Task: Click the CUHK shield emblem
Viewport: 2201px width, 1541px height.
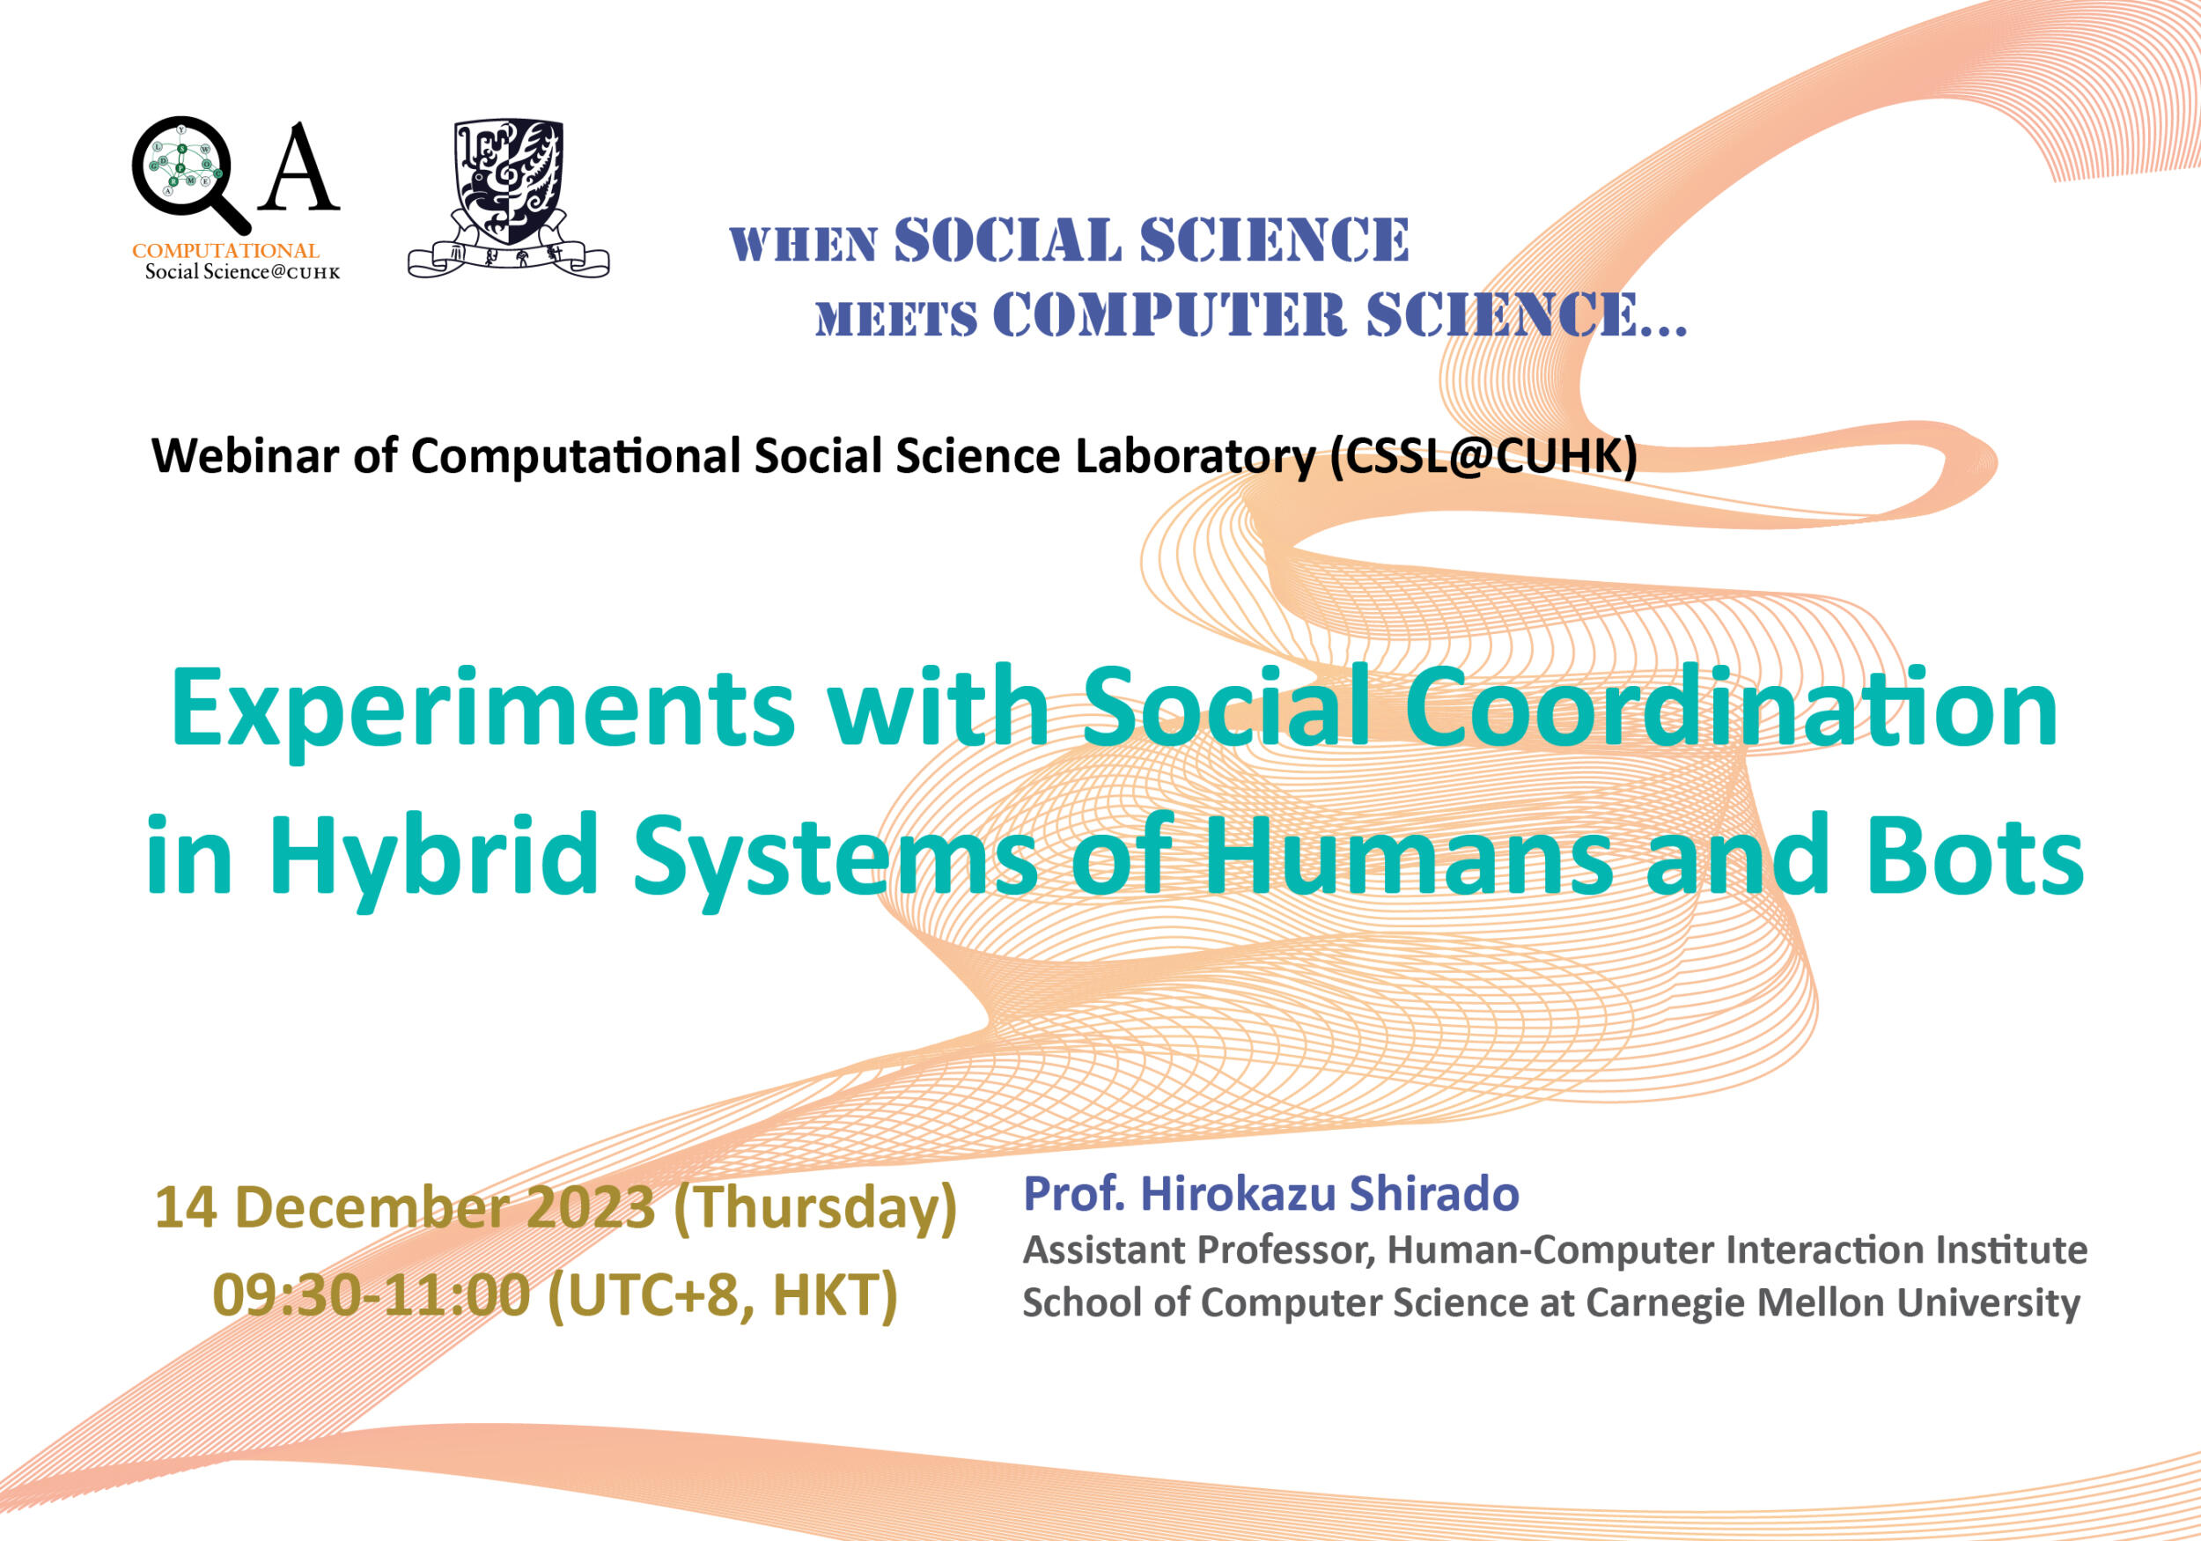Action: [x=508, y=198]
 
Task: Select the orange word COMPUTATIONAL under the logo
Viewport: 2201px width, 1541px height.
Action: [x=225, y=250]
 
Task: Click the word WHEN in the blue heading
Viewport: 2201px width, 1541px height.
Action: [x=803, y=246]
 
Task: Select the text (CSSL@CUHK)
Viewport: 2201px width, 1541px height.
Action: [x=1483, y=457]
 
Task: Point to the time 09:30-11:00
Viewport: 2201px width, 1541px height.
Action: [x=371, y=1295]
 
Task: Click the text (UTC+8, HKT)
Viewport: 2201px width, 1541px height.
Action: [x=722, y=1297]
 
